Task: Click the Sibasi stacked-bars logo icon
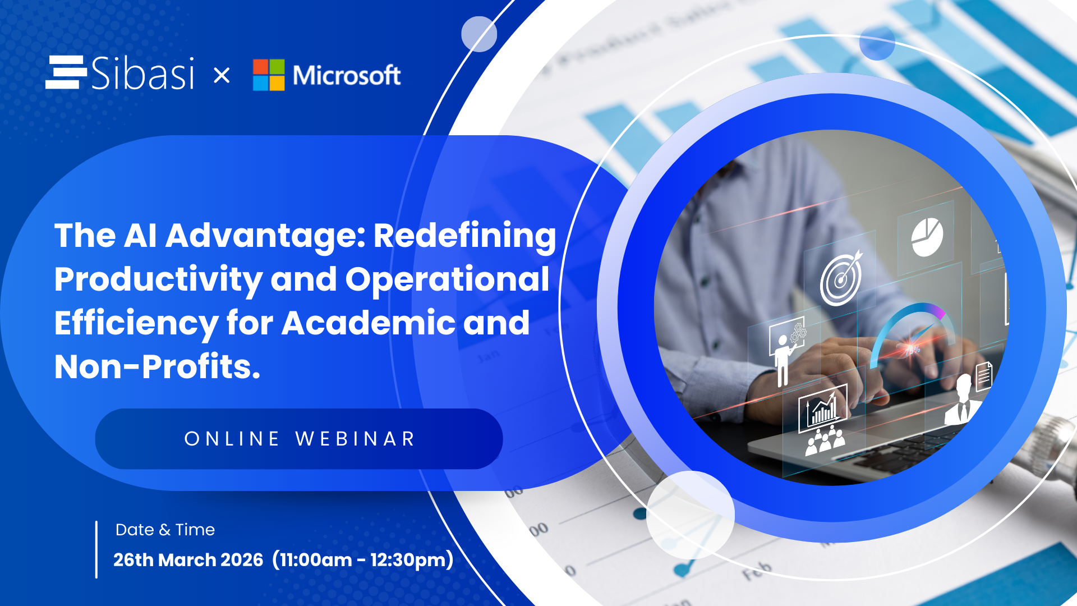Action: click(66, 72)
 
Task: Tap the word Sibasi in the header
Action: click(142, 73)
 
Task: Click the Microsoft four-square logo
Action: click(269, 75)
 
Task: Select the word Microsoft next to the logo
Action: click(347, 75)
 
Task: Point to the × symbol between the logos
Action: click(222, 75)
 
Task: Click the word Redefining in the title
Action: click(464, 236)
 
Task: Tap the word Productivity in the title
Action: click(158, 279)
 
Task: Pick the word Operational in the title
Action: click(447, 279)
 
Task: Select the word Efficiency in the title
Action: click(136, 323)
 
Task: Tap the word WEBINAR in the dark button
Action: click(355, 439)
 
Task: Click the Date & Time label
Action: click(165, 530)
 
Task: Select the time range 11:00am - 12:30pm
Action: click(363, 560)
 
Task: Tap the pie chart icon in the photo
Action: click(927, 237)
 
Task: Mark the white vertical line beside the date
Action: click(96, 549)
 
